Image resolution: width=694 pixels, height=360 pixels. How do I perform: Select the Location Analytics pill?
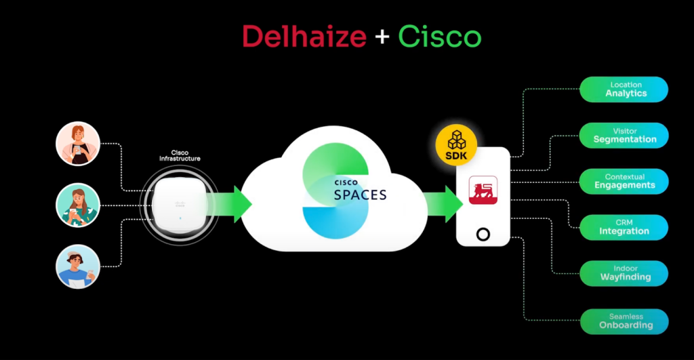pos(624,89)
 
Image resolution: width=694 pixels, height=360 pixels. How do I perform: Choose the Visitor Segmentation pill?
pos(624,136)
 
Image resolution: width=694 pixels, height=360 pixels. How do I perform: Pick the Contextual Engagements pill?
pos(624,182)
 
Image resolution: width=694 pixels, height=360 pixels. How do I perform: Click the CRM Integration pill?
pos(624,227)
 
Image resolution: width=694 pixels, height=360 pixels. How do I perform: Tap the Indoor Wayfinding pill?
pos(624,273)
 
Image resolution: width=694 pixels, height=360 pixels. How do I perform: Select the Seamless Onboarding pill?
pos(624,321)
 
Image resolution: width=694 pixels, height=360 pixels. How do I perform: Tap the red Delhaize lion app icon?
pos(483,191)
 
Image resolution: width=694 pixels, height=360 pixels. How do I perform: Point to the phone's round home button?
pos(483,235)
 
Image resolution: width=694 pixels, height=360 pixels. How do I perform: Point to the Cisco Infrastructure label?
pos(180,155)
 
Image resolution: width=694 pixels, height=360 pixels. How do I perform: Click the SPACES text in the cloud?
pos(360,195)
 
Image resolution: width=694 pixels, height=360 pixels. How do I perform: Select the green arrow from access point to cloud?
pos(233,204)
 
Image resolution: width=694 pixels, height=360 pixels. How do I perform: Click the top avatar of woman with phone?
pos(78,144)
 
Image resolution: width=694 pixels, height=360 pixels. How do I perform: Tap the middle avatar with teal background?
pos(78,205)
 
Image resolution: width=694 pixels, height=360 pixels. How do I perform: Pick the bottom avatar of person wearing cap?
pos(78,266)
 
